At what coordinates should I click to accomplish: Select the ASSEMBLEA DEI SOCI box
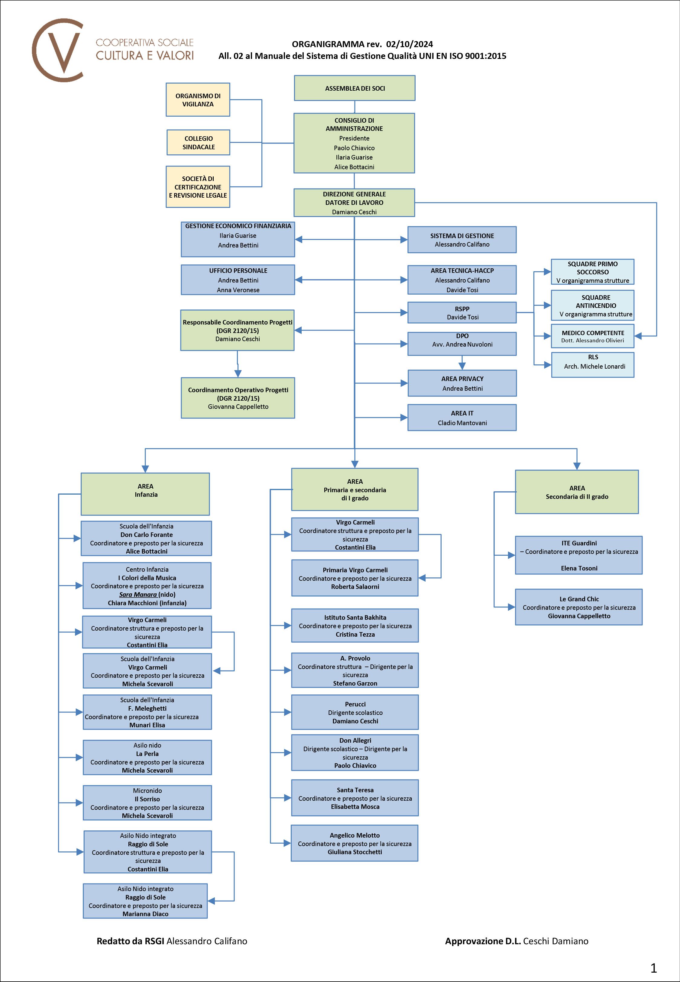pos(355,88)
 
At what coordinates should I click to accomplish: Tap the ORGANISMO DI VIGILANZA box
pos(198,100)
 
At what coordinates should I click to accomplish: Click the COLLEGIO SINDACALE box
pos(198,143)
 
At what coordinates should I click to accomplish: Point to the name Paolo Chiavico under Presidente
pos(354,148)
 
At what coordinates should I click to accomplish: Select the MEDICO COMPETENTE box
pos(592,336)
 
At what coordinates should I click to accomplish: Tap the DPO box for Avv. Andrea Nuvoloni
pos(462,343)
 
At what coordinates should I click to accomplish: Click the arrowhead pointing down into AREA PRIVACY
pos(462,366)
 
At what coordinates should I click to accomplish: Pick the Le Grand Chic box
pos(578,607)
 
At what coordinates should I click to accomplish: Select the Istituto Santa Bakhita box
pos(355,625)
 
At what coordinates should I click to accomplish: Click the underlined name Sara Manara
pos(138,594)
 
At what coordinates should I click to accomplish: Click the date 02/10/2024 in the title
pos(410,44)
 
